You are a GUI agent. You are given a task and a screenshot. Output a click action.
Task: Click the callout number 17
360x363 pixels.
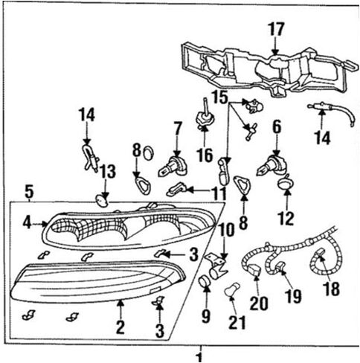pyautogui.click(x=276, y=29)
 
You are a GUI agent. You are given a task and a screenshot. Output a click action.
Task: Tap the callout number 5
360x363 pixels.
pyautogui.click(x=28, y=193)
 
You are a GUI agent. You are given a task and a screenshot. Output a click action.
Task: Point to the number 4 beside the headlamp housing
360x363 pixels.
pyautogui.click(x=26, y=222)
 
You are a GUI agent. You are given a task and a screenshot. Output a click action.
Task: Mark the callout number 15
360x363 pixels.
pyautogui.click(x=218, y=97)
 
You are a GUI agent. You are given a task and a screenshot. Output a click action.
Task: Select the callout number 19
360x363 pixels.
pyautogui.click(x=292, y=297)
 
